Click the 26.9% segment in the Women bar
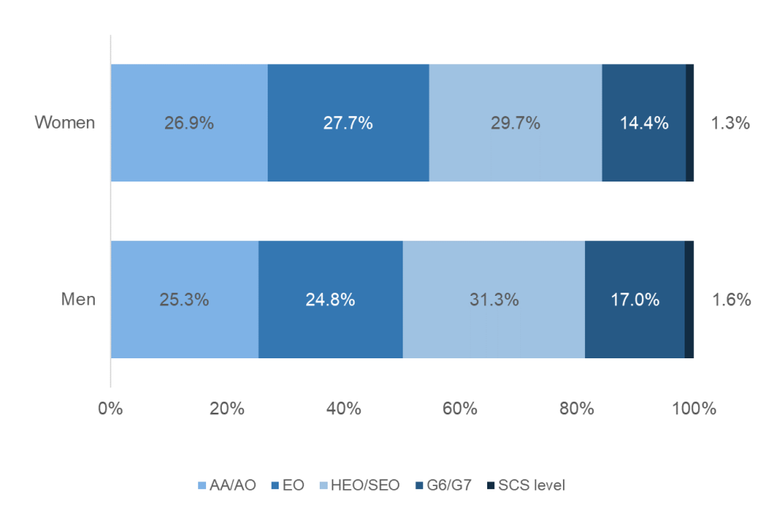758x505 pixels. click(x=189, y=123)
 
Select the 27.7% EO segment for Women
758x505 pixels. click(x=348, y=123)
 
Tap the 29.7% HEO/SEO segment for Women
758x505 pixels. click(x=515, y=123)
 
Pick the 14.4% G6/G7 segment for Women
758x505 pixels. click(x=644, y=123)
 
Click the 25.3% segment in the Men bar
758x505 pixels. click(x=184, y=300)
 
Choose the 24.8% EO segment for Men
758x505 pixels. click(x=330, y=300)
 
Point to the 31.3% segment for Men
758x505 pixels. click(x=493, y=300)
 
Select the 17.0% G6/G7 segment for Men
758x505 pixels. click(x=634, y=300)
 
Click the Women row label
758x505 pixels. click(x=65, y=122)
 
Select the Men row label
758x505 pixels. click(x=79, y=299)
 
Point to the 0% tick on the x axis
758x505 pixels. click(x=111, y=409)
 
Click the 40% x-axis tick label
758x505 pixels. click(x=343, y=409)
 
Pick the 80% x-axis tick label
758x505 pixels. click(x=576, y=409)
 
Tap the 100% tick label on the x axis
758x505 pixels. click(x=693, y=409)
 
